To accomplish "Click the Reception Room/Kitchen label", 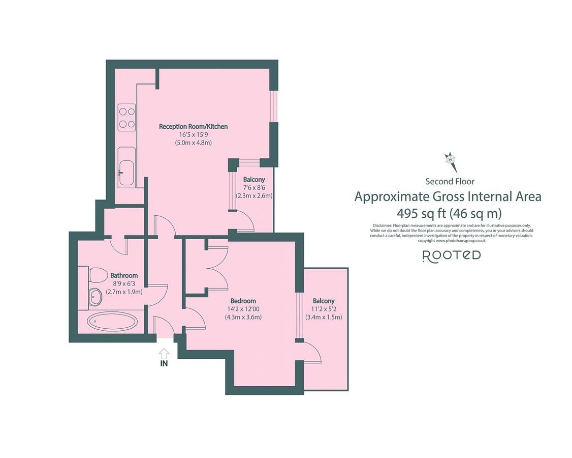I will pyautogui.click(x=193, y=126).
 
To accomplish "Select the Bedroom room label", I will pyautogui.click(x=243, y=301).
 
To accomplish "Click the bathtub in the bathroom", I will pyautogui.click(x=112, y=322).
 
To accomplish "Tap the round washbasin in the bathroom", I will pyautogui.click(x=94, y=297).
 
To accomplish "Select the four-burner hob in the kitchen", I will pyautogui.click(x=126, y=117).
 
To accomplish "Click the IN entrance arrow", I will pyautogui.click(x=164, y=353).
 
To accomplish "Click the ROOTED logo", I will pyautogui.click(x=452, y=255).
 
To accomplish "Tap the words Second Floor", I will pyautogui.click(x=450, y=181).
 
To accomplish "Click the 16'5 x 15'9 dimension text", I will pyautogui.click(x=193, y=135).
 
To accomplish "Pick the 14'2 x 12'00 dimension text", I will pyautogui.click(x=243, y=309).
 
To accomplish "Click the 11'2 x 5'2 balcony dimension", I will pyautogui.click(x=324, y=309).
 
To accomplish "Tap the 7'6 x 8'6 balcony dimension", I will pyautogui.click(x=254, y=187).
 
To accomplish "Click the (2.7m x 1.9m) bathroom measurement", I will pyautogui.click(x=124, y=292).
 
